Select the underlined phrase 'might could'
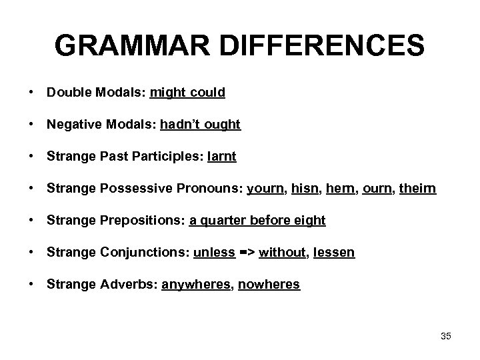click(x=187, y=93)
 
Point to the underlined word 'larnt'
click(x=221, y=157)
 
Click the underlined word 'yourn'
click(x=264, y=189)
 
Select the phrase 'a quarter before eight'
click(x=257, y=221)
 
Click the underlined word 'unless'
click(x=214, y=253)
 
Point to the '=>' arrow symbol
click(x=247, y=253)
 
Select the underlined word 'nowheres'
click(x=269, y=285)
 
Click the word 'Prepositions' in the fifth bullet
click(x=141, y=221)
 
